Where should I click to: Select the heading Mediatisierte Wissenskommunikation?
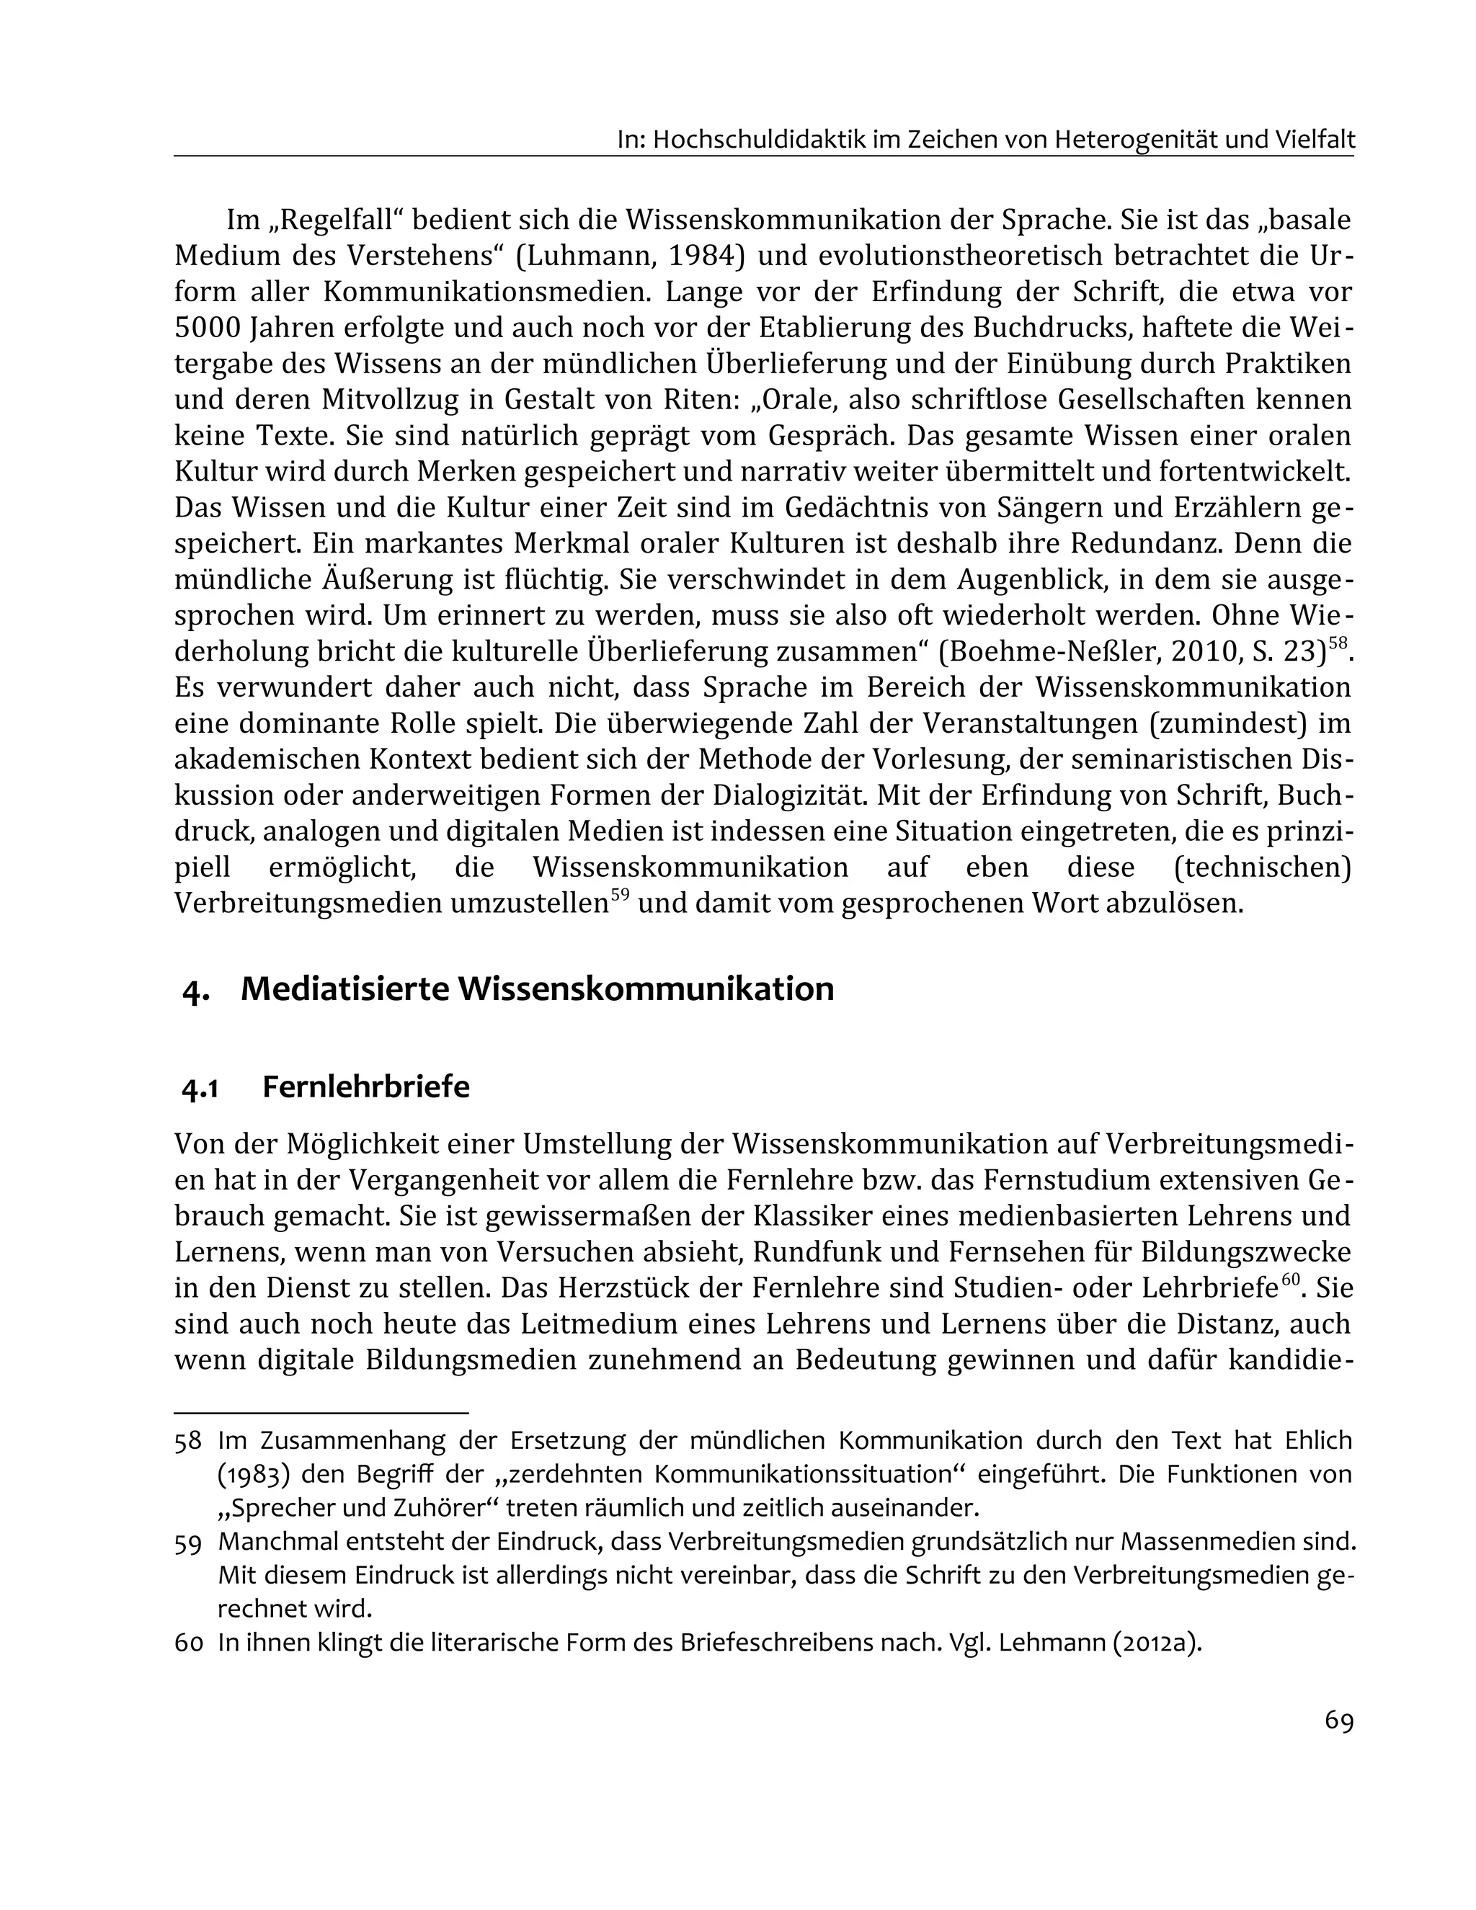tap(536, 989)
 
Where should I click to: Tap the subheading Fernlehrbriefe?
tap(365, 1087)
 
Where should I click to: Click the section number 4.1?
tap(200, 1089)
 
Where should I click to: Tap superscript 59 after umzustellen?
tap(620, 896)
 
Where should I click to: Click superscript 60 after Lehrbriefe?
tap(1291, 1280)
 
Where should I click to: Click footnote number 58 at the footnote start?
tap(187, 1440)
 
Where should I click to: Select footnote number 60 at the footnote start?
tap(188, 1643)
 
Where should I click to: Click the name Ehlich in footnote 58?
tap(1318, 1440)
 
